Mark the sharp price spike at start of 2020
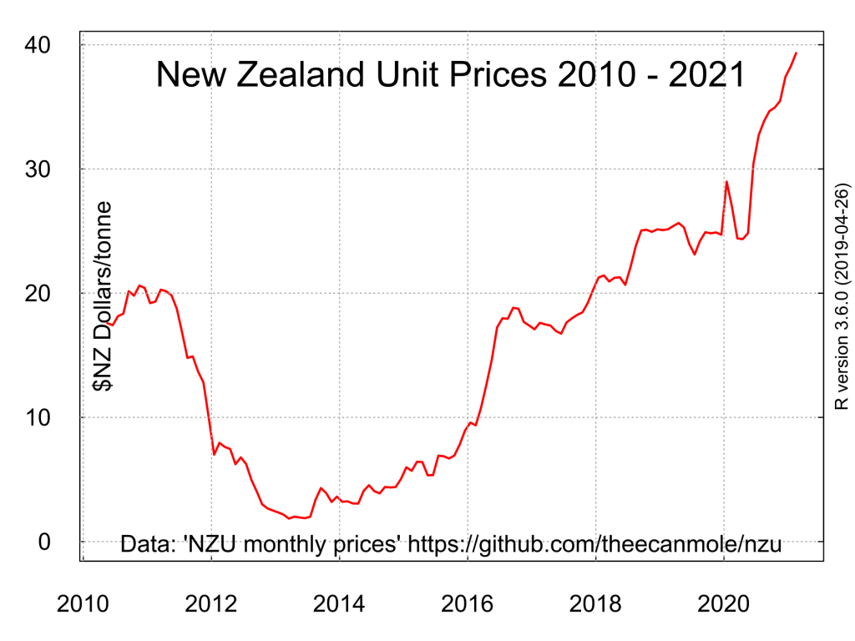coord(726,181)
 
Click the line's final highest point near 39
coord(797,53)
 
